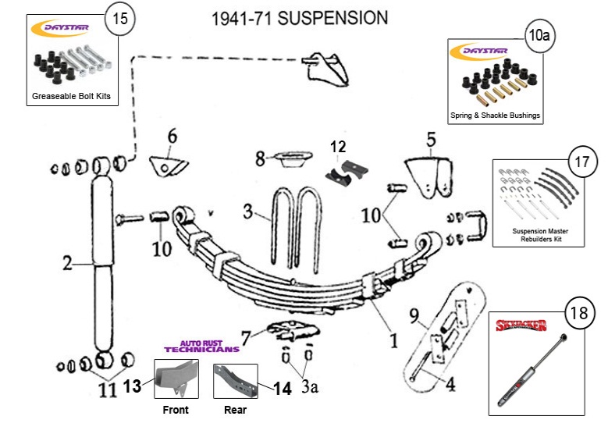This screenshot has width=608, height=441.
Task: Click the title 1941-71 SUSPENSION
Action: click(x=299, y=17)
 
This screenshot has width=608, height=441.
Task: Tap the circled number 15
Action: click(x=121, y=20)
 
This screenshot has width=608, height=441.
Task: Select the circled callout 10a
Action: click(x=538, y=34)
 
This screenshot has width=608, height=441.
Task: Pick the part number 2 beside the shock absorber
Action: click(x=68, y=264)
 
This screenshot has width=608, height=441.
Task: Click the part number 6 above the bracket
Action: click(x=173, y=136)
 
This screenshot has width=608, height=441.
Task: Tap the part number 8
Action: click(x=261, y=159)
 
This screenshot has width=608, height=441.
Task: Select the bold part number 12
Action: click(x=337, y=146)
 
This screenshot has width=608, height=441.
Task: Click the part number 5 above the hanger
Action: click(x=430, y=140)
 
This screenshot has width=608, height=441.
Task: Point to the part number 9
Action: click(x=414, y=316)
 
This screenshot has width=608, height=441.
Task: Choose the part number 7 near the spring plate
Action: click(x=247, y=339)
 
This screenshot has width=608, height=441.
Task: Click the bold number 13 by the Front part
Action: click(x=133, y=384)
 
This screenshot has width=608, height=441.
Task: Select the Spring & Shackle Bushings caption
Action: click(x=495, y=116)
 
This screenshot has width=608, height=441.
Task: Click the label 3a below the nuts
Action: click(x=311, y=385)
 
